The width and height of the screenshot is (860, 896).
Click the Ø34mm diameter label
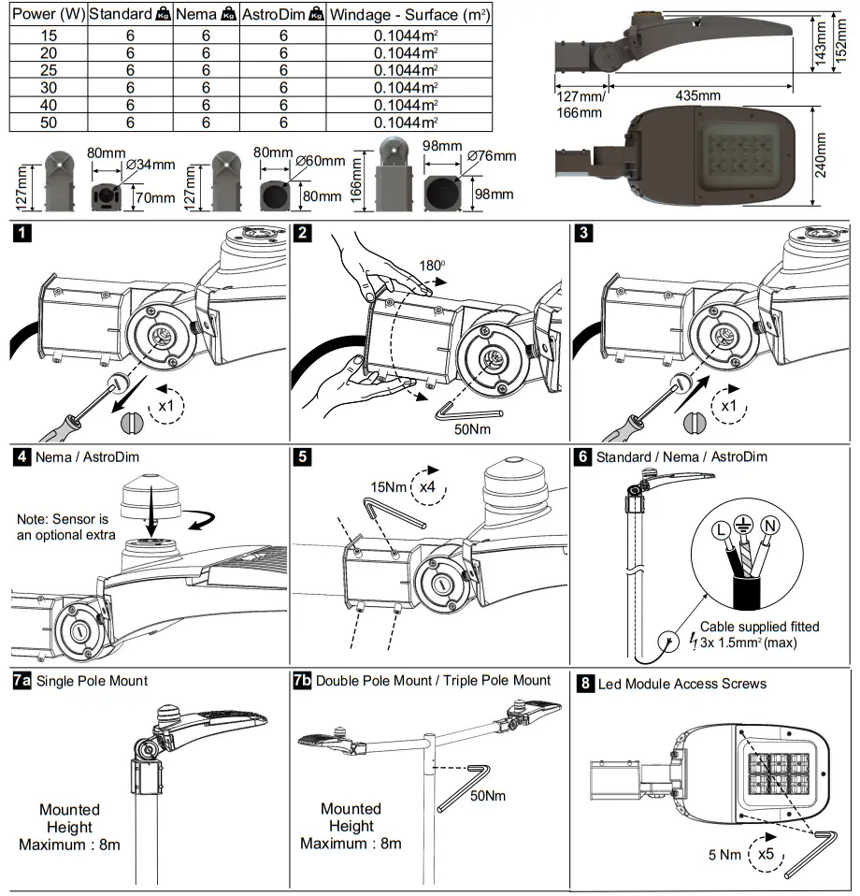(150, 165)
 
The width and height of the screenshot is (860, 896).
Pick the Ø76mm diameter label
(492, 156)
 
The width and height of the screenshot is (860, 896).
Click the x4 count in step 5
(428, 486)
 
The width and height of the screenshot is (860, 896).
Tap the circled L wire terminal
(722, 530)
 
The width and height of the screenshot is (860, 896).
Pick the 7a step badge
(22, 681)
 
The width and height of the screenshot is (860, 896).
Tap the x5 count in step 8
(765, 853)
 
